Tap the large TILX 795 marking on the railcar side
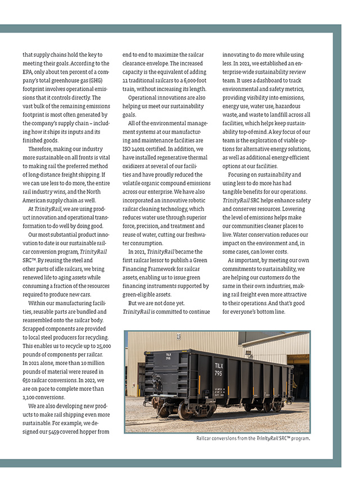(x=218, y=368)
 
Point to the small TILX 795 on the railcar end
(x=169, y=357)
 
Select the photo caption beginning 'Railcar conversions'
(x=253, y=438)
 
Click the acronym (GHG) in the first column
(x=93, y=80)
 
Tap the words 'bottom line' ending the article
(x=272, y=312)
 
